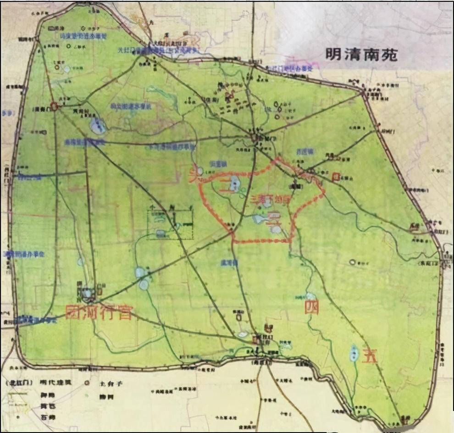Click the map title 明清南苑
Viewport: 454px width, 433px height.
[361, 55]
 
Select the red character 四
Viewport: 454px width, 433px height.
[312, 307]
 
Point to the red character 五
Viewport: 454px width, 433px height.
[370, 357]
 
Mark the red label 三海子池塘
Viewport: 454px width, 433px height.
[271, 200]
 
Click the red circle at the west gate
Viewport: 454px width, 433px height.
[54, 106]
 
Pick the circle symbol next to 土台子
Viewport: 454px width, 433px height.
[87, 382]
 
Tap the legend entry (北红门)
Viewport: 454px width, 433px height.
[19, 382]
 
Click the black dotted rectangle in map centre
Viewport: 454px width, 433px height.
[170, 223]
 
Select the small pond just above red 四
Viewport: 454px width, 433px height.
[311, 296]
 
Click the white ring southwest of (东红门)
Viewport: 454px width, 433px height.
[352, 262]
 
